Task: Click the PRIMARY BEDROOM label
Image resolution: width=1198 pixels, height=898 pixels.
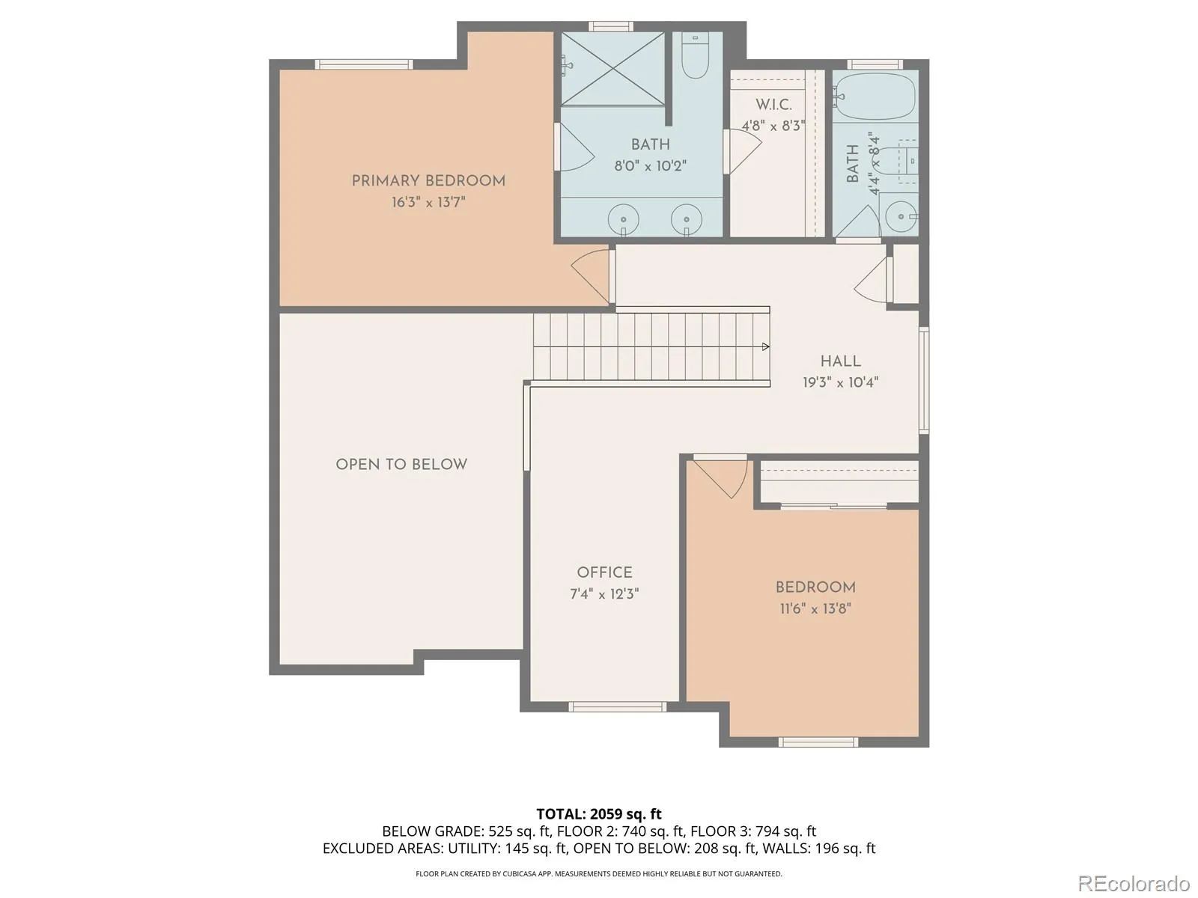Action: pyautogui.click(x=428, y=181)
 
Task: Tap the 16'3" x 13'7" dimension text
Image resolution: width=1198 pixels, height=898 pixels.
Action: pyautogui.click(x=428, y=203)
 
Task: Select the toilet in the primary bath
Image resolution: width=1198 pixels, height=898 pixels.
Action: pyautogui.click(x=696, y=55)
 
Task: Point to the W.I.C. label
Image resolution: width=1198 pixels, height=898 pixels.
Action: pyautogui.click(x=773, y=105)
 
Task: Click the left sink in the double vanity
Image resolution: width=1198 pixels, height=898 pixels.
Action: pyautogui.click(x=623, y=219)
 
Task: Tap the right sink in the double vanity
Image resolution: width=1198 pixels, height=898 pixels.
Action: pyautogui.click(x=686, y=219)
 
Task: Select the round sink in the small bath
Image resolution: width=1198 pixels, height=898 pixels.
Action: pyautogui.click(x=901, y=216)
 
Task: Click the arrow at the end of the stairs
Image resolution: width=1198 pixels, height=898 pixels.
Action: pyautogui.click(x=766, y=346)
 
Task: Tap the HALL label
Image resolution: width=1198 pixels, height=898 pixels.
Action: pyautogui.click(x=841, y=361)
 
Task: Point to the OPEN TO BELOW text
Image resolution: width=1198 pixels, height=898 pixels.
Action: pyautogui.click(x=401, y=465)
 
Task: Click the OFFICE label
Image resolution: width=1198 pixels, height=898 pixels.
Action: pyautogui.click(x=605, y=572)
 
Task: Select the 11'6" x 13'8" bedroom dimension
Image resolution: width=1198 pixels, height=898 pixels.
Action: pyautogui.click(x=815, y=608)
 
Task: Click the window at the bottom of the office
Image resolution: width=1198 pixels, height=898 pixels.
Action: pyautogui.click(x=617, y=707)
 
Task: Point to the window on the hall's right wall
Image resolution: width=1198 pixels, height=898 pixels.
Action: pyautogui.click(x=924, y=380)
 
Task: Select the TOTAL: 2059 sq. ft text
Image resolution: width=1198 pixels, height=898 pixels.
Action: pyautogui.click(x=599, y=814)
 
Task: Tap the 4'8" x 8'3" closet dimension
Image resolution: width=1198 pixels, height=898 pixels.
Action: pyautogui.click(x=773, y=126)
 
